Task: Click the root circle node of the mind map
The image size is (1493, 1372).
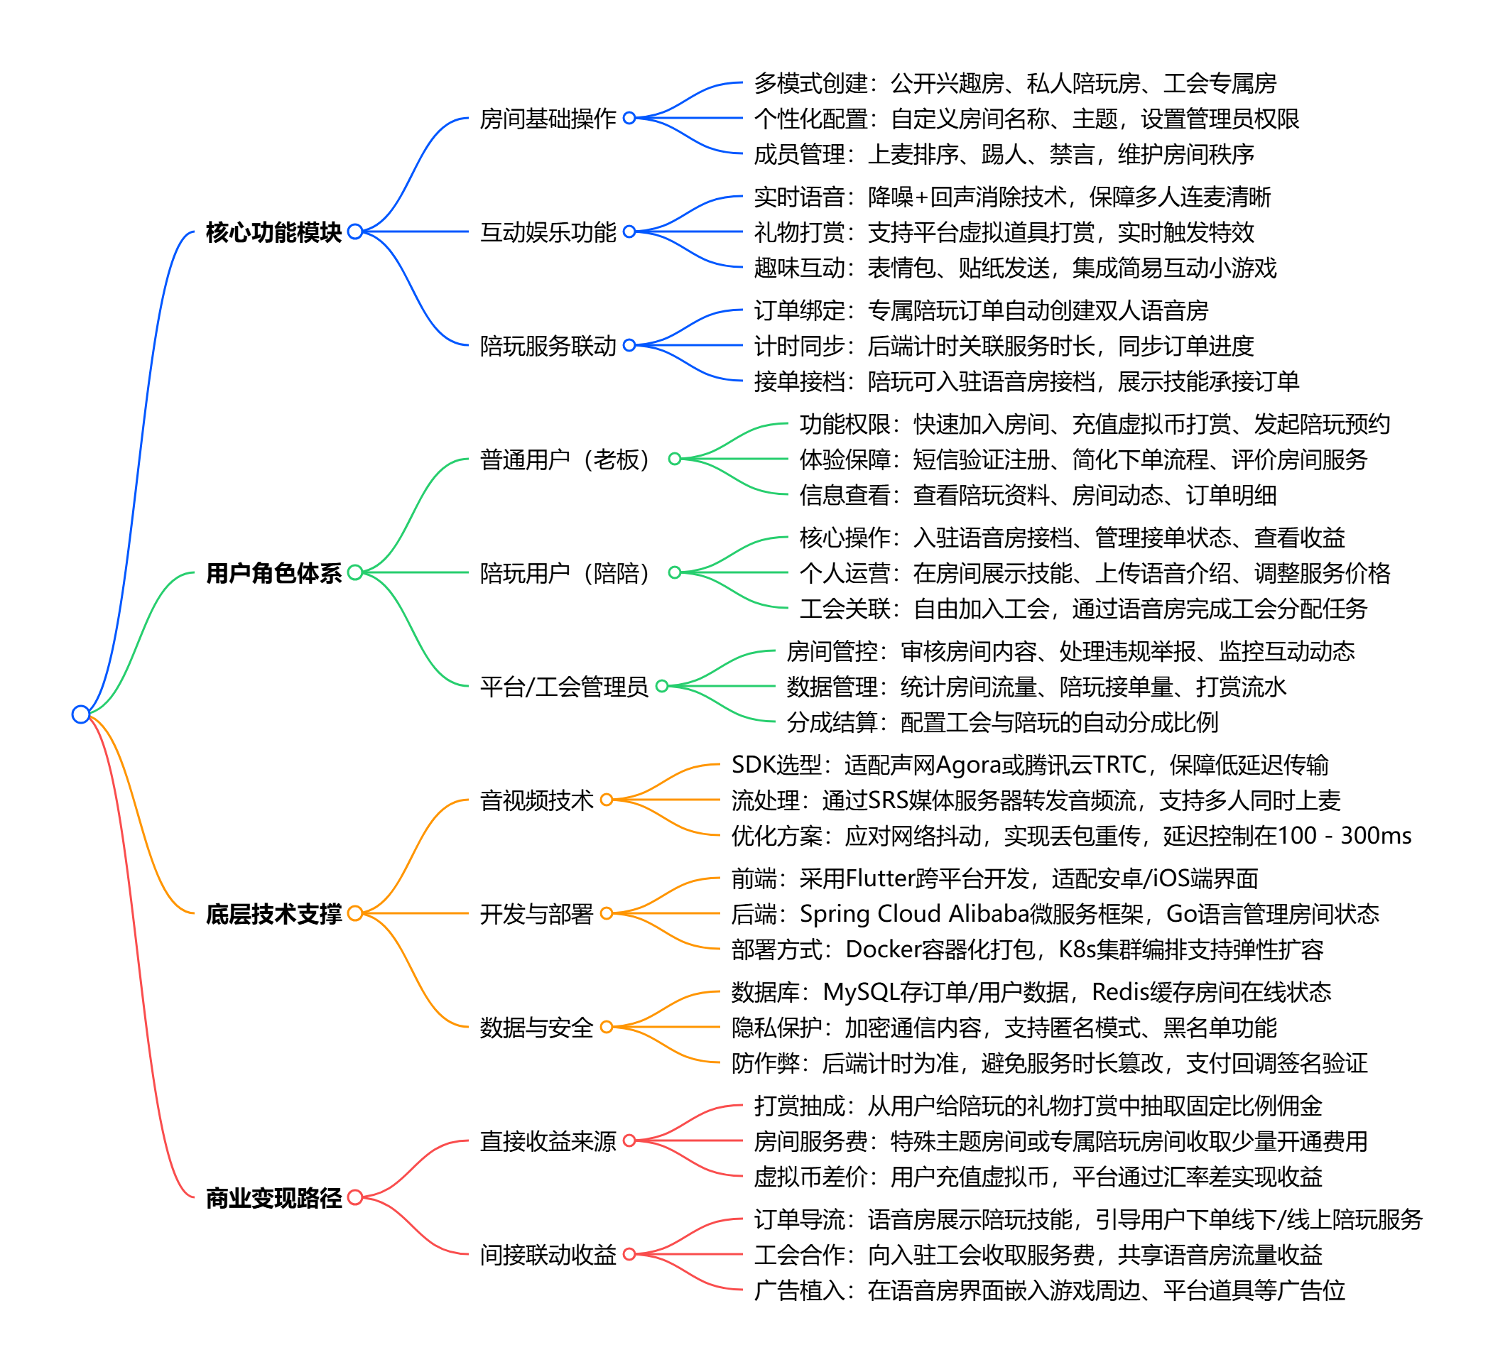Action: [x=81, y=714]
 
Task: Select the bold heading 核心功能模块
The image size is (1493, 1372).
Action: [x=273, y=232]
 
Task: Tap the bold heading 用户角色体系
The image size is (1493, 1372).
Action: [x=273, y=573]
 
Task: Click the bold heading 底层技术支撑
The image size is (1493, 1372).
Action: [x=273, y=914]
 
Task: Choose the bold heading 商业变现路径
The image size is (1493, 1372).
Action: [x=273, y=1198]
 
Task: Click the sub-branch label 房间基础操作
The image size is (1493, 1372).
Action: [x=548, y=119]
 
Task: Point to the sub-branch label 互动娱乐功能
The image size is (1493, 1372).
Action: [x=548, y=232]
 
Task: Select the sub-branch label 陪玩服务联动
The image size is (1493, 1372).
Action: [x=548, y=346]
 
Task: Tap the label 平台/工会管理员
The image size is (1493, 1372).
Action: [x=563, y=687]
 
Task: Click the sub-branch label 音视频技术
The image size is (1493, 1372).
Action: [x=536, y=800]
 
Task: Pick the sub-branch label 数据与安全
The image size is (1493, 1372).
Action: [x=536, y=1028]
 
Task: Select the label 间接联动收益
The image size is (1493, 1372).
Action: [x=548, y=1255]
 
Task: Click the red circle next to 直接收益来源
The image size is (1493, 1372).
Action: [x=629, y=1140]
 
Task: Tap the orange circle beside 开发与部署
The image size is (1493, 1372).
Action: [x=607, y=913]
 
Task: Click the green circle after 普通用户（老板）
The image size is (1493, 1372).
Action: [x=675, y=459]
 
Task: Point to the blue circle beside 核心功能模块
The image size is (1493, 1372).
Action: [x=355, y=232]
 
